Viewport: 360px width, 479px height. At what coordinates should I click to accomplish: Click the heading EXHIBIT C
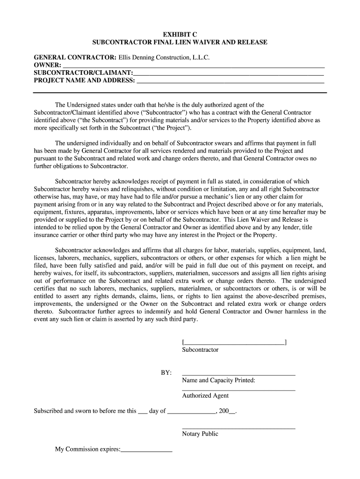click(x=180, y=34)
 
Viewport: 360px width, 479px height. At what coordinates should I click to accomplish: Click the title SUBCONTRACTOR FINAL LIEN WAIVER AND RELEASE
click(x=180, y=42)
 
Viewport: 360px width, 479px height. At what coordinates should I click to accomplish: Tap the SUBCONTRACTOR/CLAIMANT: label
click(x=83, y=73)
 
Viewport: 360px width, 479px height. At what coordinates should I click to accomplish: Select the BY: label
click(x=166, y=373)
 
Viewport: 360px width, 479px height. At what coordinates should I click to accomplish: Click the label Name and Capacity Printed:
click(x=218, y=380)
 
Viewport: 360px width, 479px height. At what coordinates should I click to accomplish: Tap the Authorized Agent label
click(x=205, y=396)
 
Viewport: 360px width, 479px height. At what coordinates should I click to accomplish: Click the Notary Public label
click(x=200, y=434)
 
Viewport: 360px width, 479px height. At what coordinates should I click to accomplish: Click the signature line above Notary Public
click(x=238, y=428)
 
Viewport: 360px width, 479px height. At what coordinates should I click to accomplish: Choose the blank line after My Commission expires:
click(x=147, y=450)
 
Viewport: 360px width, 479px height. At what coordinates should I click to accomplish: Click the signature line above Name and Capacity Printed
click(x=238, y=374)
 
